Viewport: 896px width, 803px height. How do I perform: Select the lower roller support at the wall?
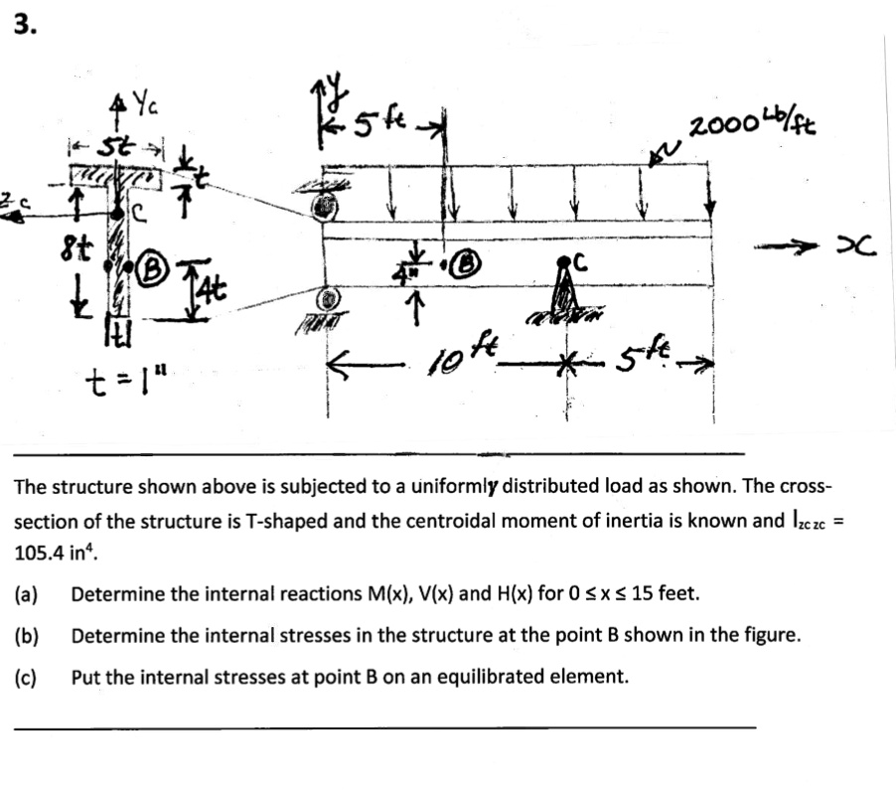pos(326,299)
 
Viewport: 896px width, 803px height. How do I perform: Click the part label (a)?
pos(27,594)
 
